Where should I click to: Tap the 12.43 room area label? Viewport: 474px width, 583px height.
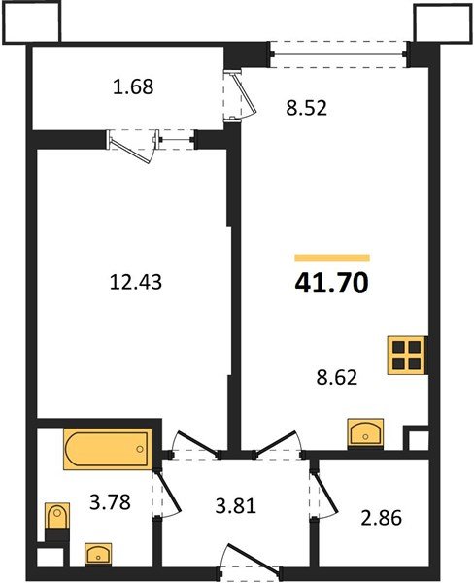(135, 283)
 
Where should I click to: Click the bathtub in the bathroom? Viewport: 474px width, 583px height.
(107, 450)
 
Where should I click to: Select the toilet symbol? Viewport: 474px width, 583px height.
(58, 518)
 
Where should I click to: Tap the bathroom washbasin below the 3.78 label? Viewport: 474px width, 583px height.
(97, 555)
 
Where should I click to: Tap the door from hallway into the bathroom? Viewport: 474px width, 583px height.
(169, 486)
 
